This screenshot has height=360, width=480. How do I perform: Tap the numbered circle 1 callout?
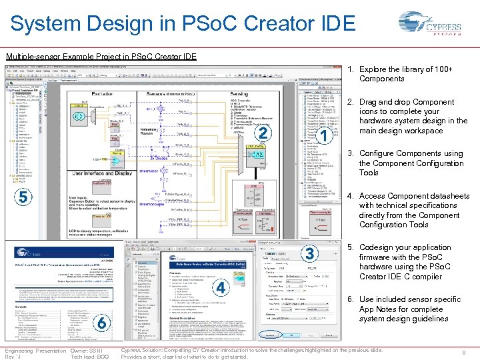coord(323,137)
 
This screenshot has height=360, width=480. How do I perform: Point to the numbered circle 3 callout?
coord(309,254)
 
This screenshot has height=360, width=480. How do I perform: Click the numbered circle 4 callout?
coord(221,287)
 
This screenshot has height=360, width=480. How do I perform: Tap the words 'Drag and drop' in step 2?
coord(386,102)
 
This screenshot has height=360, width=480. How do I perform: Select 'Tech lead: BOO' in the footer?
coord(89,356)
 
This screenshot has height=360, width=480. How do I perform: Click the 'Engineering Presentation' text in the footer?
coord(35,350)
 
